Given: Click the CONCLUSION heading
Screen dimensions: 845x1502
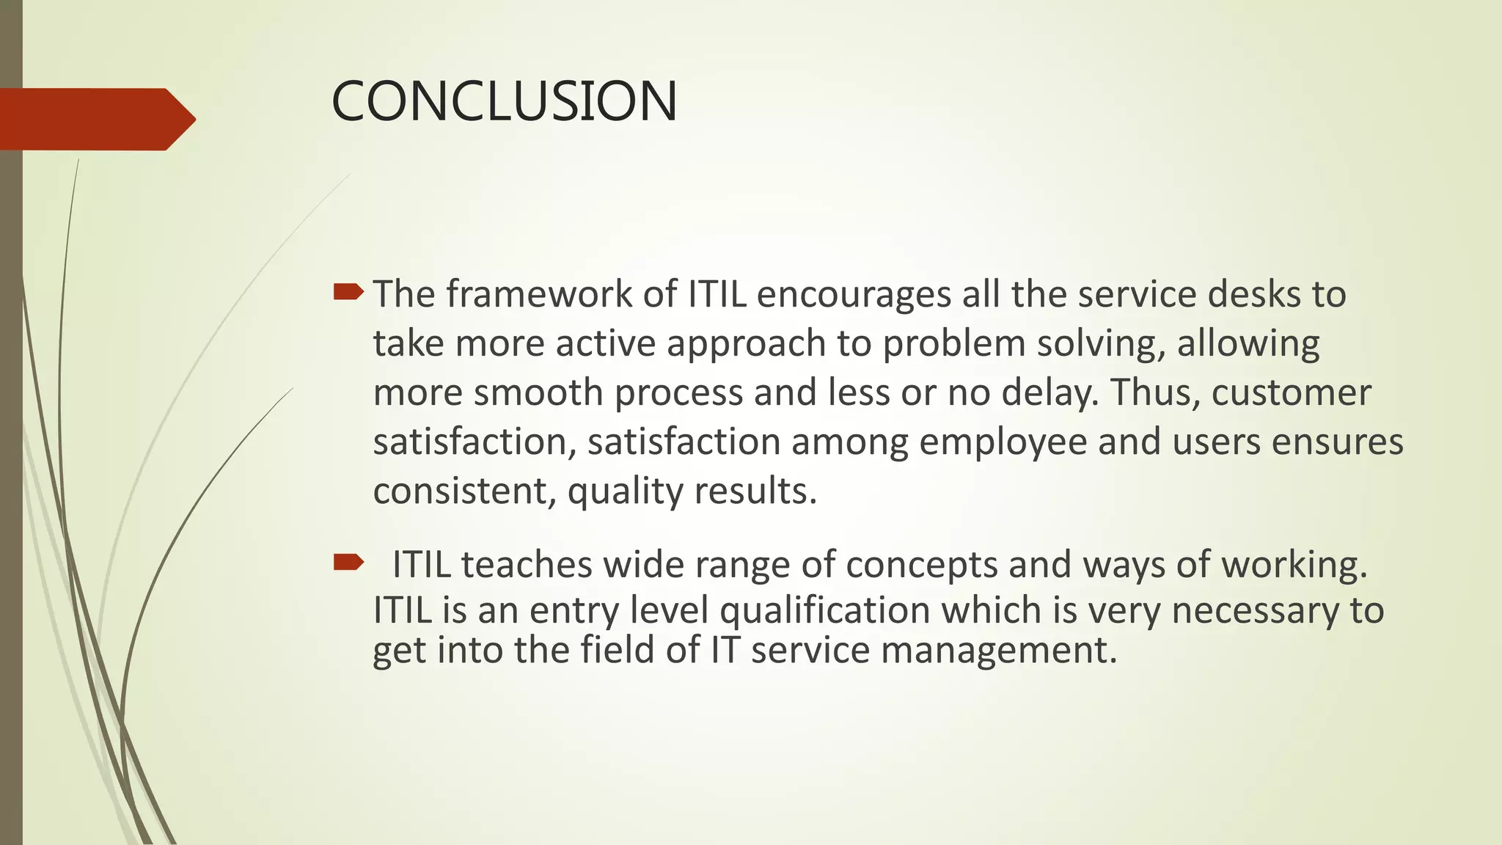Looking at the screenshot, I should coord(505,101).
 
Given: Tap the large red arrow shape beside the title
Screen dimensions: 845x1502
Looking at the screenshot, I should coord(95,119).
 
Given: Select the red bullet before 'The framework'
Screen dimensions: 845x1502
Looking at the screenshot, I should coord(348,293).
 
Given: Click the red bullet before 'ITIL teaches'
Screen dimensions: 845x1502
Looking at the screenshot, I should coord(348,563).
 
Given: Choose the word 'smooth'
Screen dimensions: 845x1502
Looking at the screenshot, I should coord(538,393).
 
